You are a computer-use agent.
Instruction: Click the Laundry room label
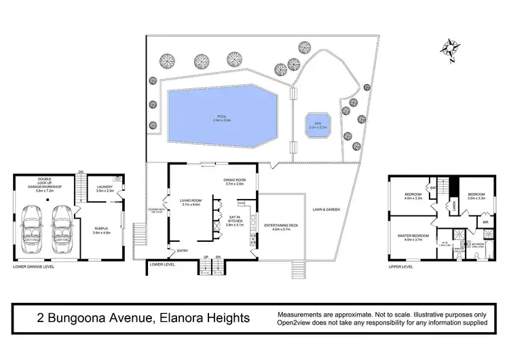coord(104,189)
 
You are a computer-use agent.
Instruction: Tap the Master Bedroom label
coord(413,236)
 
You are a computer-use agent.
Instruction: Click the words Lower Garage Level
coord(33,267)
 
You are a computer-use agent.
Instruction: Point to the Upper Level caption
coord(401,267)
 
